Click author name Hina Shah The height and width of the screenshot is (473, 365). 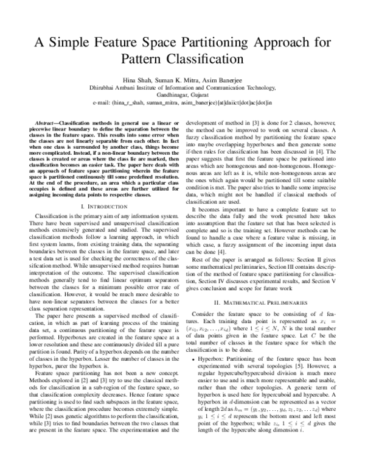pos(138,79)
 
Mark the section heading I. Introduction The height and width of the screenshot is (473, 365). pos(98,207)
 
